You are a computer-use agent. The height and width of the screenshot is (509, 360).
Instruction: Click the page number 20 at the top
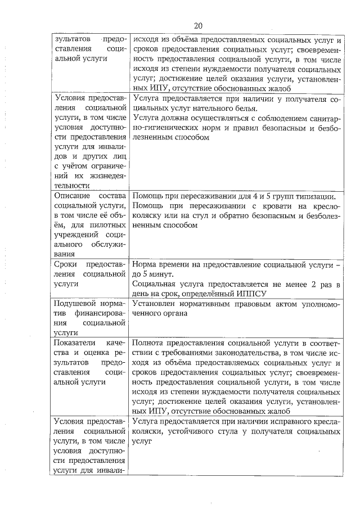click(197, 25)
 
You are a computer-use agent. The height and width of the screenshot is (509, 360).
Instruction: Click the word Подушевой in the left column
click(74, 304)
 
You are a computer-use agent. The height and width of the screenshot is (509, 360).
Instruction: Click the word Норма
click(146, 264)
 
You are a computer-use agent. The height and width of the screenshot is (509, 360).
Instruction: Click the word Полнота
click(150, 343)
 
